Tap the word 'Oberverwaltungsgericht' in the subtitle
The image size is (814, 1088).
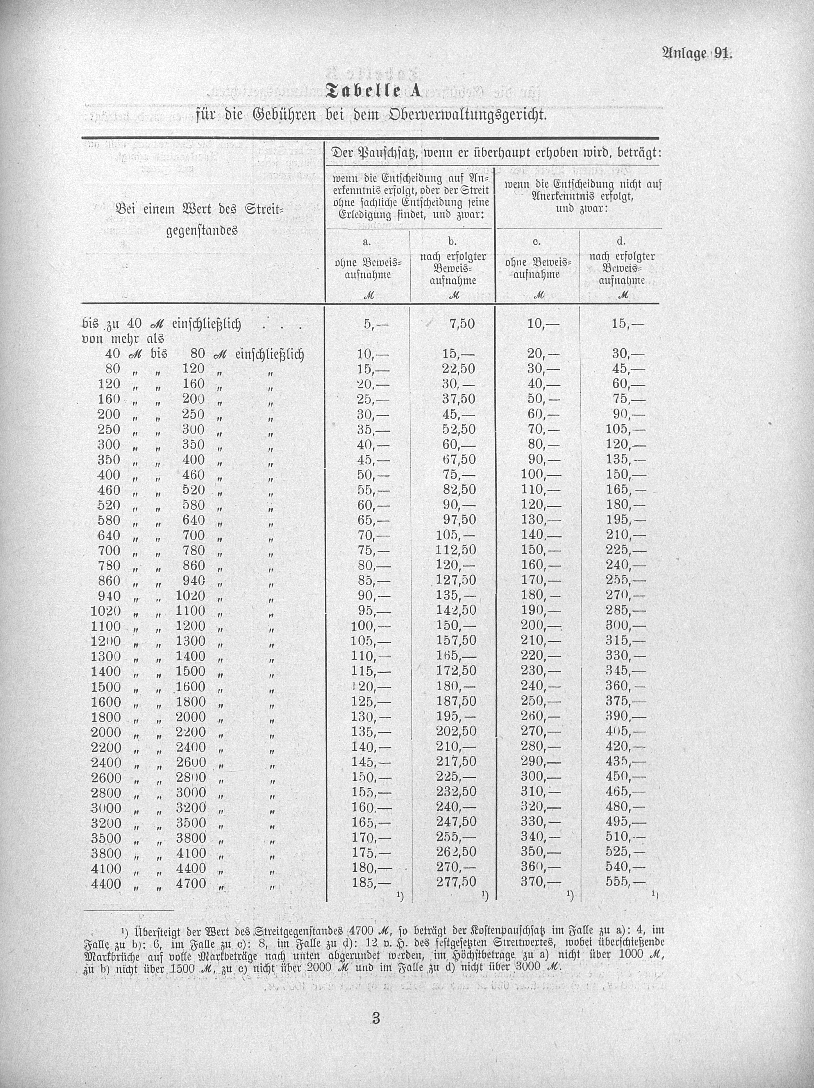pyautogui.click(x=468, y=116)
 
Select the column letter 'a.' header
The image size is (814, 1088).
pyautogui.click(x=367, y=242)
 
